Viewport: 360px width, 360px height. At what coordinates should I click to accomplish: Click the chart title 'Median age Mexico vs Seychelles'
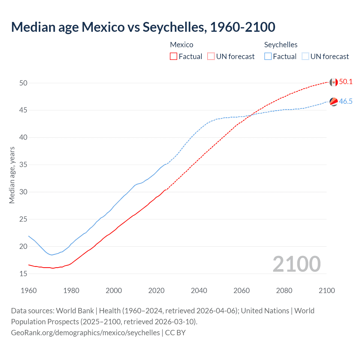coord(143,27)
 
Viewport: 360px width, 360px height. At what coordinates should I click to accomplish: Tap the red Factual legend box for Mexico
coord(174,57)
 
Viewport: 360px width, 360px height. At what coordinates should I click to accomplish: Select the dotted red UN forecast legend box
coord(211,57)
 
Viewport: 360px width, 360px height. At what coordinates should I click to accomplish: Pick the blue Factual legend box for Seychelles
coord(268,57)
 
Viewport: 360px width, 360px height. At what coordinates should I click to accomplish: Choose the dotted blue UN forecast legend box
coord(305,57)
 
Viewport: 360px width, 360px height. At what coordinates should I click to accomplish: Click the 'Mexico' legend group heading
coord(182,45)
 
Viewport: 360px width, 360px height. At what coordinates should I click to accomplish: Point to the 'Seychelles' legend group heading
coord(281,45)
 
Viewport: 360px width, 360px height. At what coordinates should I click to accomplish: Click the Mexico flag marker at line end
coord(334,82)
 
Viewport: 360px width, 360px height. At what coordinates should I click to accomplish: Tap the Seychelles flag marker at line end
coord(334,102)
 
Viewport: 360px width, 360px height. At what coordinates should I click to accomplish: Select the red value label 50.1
coord(346,82)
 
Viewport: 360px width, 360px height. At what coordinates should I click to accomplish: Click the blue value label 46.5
coord(346,102)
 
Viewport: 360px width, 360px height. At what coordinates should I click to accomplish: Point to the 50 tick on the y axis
coord(23,83)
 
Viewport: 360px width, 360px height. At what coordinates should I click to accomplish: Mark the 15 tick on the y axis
coord(23,274)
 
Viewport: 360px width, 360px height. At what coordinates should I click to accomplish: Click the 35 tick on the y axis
coord(23,165)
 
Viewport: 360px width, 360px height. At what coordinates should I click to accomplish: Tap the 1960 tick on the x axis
coord(29,291)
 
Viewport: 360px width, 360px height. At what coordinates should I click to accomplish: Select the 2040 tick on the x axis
coord(199,291)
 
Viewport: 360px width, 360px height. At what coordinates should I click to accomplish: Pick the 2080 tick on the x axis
coord(284,291)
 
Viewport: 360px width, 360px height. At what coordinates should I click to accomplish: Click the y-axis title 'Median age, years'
coord(12,175)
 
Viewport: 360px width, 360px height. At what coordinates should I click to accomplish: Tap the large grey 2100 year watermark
coord(296,264)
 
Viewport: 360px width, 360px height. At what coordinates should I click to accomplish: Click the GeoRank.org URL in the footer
coord(85,333)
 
